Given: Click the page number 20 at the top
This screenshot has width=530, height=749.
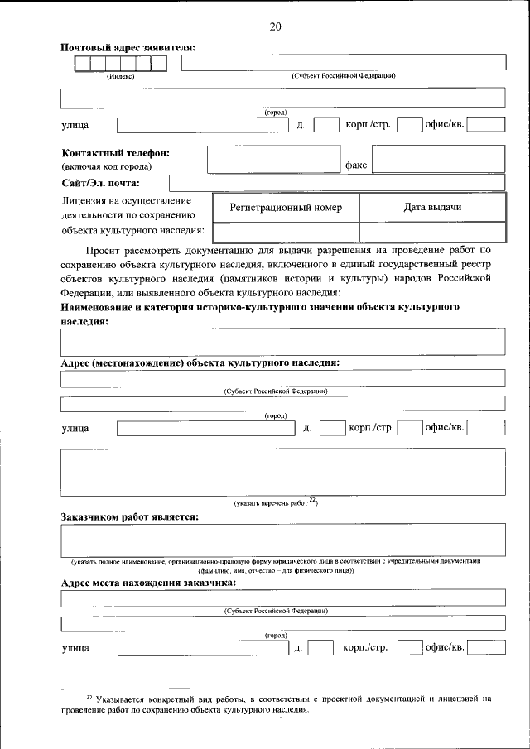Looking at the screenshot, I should click(x=275, y=26).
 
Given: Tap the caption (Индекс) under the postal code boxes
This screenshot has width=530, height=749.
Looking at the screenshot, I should click(x=120, y=76).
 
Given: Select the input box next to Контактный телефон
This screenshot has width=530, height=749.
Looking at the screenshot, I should click(x=273, y=159).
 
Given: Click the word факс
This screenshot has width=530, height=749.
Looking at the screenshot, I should click(x=356, y=166).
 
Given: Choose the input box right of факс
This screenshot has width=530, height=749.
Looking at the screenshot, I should click(x=438, y=159).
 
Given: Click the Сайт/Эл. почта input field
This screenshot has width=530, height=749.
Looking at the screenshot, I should click(x=336, y=183).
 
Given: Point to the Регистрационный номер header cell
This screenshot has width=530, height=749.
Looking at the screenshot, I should click(x=286, y=207).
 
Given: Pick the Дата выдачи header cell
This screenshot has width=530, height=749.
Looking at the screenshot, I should click(x=432, y=207).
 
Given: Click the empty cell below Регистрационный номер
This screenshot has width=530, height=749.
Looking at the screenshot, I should click(x=286, y=233).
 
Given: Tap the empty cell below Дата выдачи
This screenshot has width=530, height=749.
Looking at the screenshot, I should click(x=432, y=233).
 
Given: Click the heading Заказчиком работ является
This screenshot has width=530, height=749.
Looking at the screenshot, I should click(x=130, y=517).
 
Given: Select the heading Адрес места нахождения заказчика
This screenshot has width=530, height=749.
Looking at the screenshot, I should click(x=149, y=582).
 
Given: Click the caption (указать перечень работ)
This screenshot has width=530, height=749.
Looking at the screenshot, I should click(x=276, y=502).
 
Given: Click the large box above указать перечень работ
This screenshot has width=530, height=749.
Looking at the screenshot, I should click(x=283, y=471).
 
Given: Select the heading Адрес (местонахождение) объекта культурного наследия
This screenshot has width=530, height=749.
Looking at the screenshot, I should click(x=200, y=362).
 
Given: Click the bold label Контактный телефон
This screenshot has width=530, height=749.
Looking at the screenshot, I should click(x=115, y=153).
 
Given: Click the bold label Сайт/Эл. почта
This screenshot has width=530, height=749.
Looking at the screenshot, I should click(x=100, y=183).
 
